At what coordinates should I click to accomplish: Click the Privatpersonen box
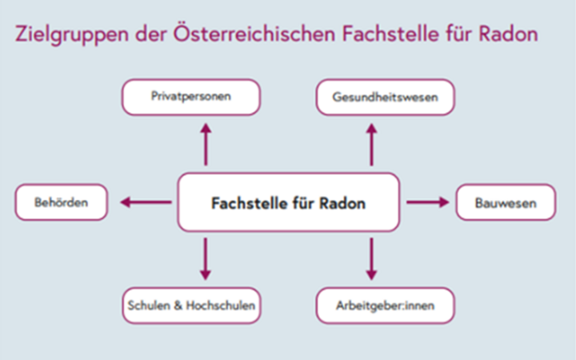click(x=191, y=97)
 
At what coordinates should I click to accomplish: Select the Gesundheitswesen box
click(x=383, y=97)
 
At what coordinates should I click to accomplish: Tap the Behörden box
click(x=61, y=202)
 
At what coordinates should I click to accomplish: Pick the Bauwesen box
click(x=506, y=202)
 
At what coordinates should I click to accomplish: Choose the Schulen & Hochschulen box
click(x=191, y=305)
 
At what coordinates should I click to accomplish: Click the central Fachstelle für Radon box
click(x=288, y=202)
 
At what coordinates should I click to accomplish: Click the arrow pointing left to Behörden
click(x=144, y=202)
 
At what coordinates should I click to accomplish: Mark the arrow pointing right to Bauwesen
click(x=428, y=202)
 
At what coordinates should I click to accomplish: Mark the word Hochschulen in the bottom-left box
click(x=222, y=305)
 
